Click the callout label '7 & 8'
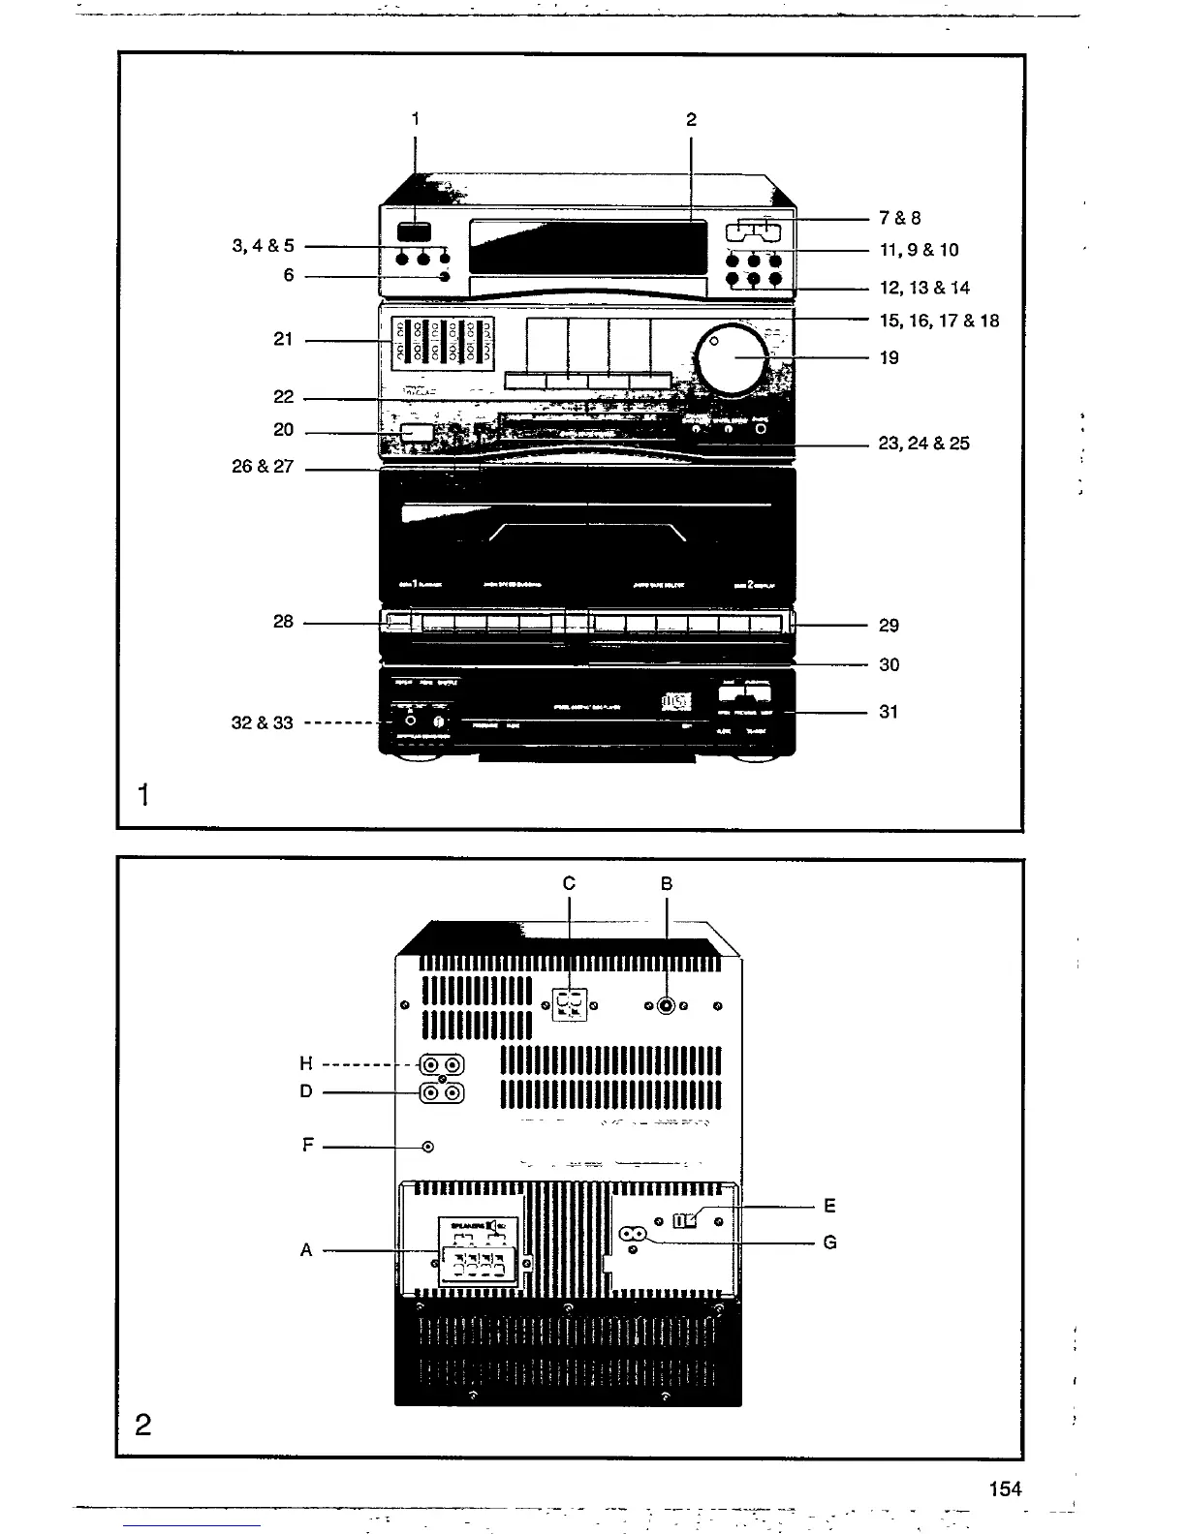pos(900,219)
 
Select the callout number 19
pos(889,358)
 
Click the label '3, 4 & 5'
pos(263,247)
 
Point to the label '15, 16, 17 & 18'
pos(939,321)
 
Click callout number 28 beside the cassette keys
pos(283,622)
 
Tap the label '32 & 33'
pos(262,723)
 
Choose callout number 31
pos(889,712)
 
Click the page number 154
pos(1005,1489)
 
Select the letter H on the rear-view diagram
pos(306,1065)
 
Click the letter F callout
pos(308,1147)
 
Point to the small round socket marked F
pos(428,1148)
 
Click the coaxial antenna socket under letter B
pos(667,1005)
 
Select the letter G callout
pos(829,1243)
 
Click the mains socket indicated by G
pos(633,1235)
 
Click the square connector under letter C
pos(570,1004)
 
